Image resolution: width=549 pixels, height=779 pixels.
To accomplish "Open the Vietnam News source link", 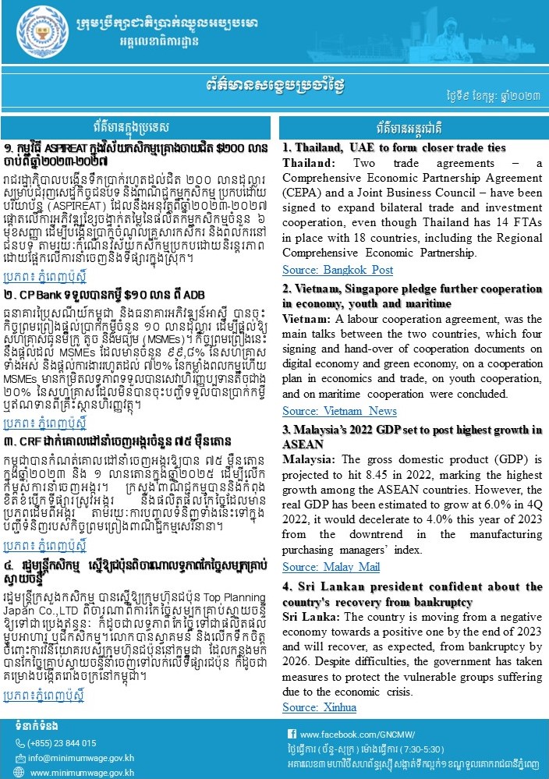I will tap(328, 410).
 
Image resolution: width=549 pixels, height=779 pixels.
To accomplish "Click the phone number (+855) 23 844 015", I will tap(63, 744).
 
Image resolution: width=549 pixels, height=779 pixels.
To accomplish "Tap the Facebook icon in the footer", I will tap(292, 735).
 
